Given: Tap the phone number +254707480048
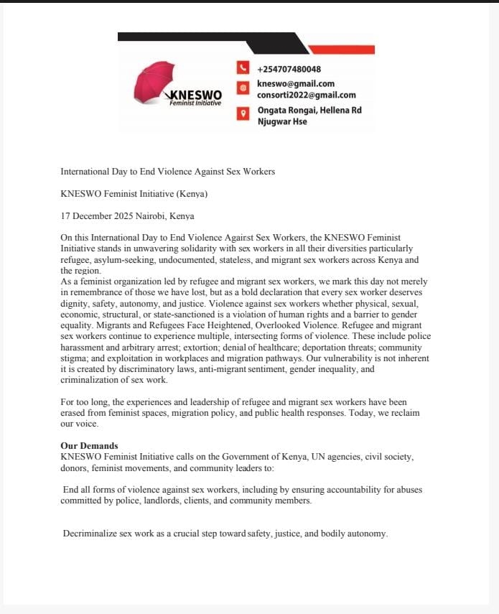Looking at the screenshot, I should tap(289, 70).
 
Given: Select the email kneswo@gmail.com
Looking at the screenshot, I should tap(296, 84).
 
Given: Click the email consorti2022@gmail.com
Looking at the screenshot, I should tap(307, 95).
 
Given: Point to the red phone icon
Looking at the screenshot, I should tap(243, 69).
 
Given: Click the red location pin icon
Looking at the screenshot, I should tap(243, 112).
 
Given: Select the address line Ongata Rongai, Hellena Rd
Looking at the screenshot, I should tap(309, 110).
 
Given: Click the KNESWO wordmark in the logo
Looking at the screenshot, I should tap(195, 95).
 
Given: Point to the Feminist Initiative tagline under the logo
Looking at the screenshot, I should tap(195, 103).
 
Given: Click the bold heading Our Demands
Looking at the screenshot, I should tap(89, 445).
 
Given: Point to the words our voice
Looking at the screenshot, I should tap(79, 424).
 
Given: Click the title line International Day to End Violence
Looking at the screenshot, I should tap(167, 171).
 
